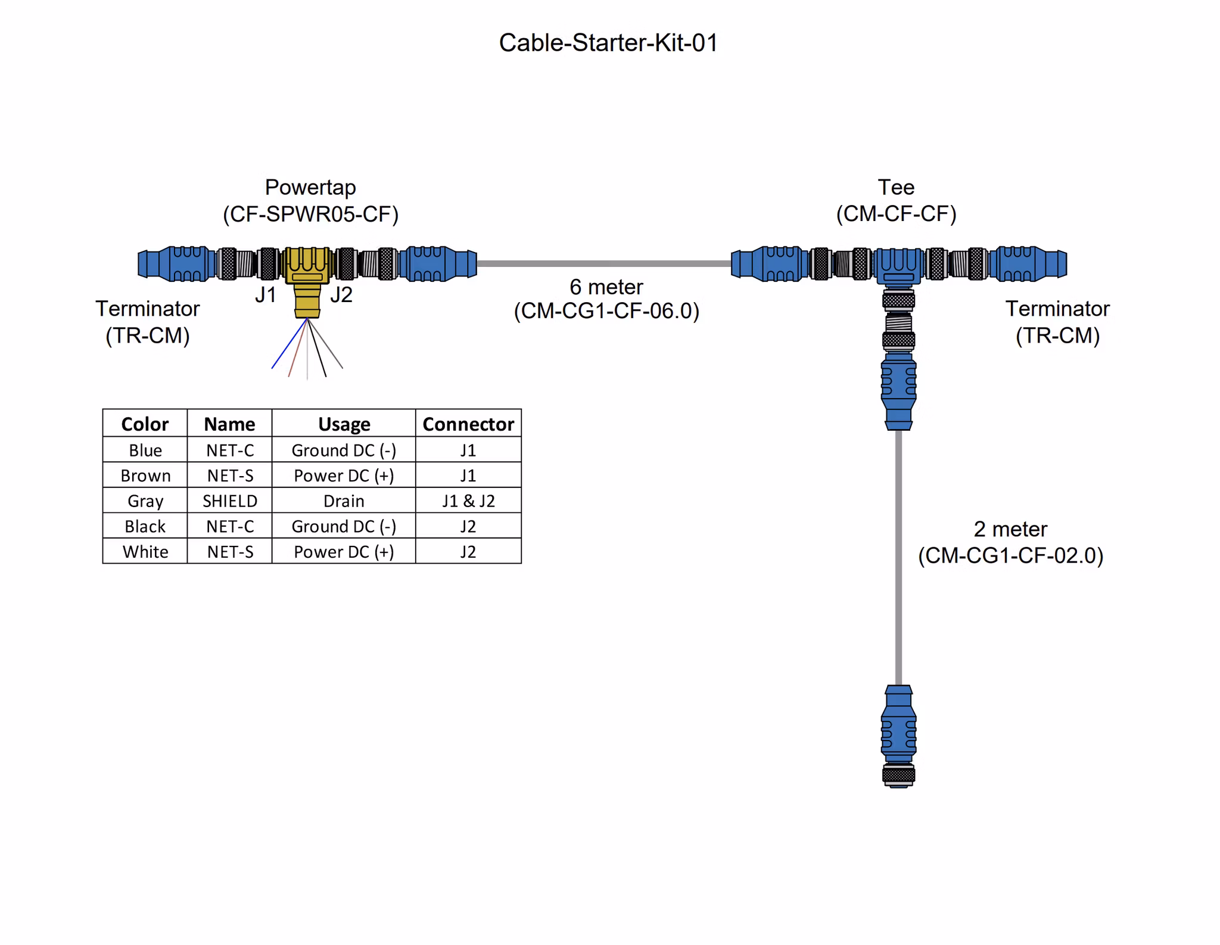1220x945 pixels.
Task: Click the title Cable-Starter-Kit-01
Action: (608, 43)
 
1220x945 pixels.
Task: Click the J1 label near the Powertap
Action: (266, 294)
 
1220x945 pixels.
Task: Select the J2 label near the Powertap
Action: (341, 294)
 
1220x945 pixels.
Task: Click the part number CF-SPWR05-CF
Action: (310, 214)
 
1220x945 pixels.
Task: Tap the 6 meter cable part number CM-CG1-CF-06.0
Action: (606, 311)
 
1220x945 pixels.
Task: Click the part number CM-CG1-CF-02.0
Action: (1010, 555)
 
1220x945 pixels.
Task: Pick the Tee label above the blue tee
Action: (895, 187)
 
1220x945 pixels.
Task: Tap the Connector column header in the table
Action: (468, 424)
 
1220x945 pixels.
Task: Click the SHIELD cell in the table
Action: (230, 501)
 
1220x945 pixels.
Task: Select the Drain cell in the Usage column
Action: (344, 501)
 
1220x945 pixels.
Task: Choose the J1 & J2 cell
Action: (468, 501)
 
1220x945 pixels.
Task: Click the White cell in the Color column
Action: (145, 552)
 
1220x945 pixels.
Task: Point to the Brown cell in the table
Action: (145, 475)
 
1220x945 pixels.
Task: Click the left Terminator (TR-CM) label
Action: (147, 322)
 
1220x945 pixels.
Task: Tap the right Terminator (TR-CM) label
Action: (1057, 322)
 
